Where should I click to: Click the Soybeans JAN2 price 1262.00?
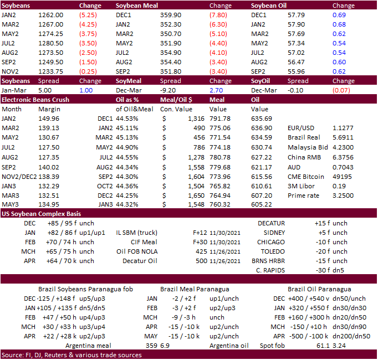(50, 16)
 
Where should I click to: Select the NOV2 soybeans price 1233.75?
(50, 71)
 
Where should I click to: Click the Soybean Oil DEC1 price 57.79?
(298, 16)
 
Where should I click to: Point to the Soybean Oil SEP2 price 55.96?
(298, 71)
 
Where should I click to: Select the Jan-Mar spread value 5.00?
(45, 90)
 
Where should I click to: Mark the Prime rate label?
(304, 196)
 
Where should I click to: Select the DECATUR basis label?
(271, 223)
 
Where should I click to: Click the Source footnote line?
(71, 355)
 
